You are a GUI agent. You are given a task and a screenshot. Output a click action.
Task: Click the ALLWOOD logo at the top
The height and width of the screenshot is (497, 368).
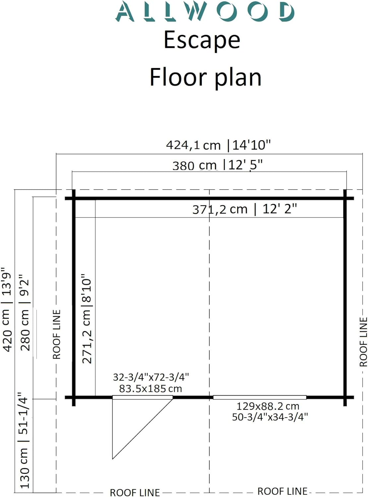(205, 12)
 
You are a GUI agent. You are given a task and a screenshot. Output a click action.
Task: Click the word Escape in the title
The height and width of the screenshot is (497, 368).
(202, 40)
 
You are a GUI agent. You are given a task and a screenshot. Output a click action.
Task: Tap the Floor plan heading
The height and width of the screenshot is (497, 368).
(206, 77)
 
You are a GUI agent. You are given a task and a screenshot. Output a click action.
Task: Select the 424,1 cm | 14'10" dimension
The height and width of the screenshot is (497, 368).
(218, 145)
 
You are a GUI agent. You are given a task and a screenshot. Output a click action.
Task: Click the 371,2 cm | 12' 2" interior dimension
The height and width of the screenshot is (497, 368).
(245, 209)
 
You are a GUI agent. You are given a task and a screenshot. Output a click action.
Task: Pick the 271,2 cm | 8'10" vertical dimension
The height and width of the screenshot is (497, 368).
(87, 318)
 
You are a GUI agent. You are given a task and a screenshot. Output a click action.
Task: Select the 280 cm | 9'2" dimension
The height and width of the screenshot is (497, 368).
(25, 312)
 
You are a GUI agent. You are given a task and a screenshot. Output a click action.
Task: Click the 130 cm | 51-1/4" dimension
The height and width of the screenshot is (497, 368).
(24, 440)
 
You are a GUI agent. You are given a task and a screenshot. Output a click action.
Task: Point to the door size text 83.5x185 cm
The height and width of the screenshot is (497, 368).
(150, 389)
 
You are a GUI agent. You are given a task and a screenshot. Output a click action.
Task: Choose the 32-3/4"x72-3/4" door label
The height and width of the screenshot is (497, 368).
(151, 377)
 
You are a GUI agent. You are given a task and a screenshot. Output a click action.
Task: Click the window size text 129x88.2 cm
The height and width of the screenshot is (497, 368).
(268, 406)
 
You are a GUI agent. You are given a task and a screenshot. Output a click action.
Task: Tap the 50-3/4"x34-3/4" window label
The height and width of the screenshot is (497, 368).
(270, 417)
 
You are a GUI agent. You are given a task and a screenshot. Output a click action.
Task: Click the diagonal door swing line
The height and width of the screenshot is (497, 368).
(143, 429)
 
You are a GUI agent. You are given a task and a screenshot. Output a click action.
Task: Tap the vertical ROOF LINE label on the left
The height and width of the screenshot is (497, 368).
(56, 334)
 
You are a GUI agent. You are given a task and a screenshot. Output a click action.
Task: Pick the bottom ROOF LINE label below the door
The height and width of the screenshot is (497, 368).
(135, 492)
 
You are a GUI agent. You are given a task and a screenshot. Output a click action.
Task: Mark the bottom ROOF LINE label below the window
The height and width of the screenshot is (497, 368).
(282, 491)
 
